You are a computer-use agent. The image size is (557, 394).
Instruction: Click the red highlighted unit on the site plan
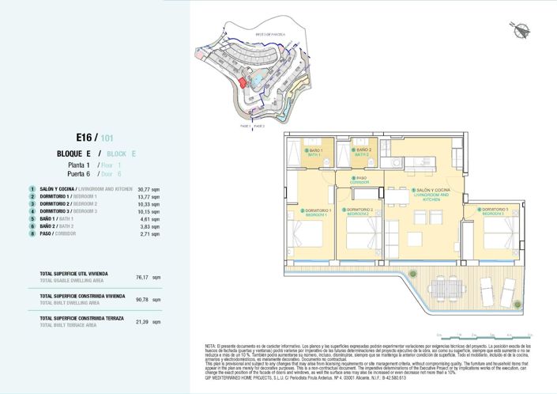(x=243, y=81)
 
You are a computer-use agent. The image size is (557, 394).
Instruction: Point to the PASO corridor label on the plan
(x=360, y=180)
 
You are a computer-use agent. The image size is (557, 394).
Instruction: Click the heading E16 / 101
(x=96, y=136)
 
